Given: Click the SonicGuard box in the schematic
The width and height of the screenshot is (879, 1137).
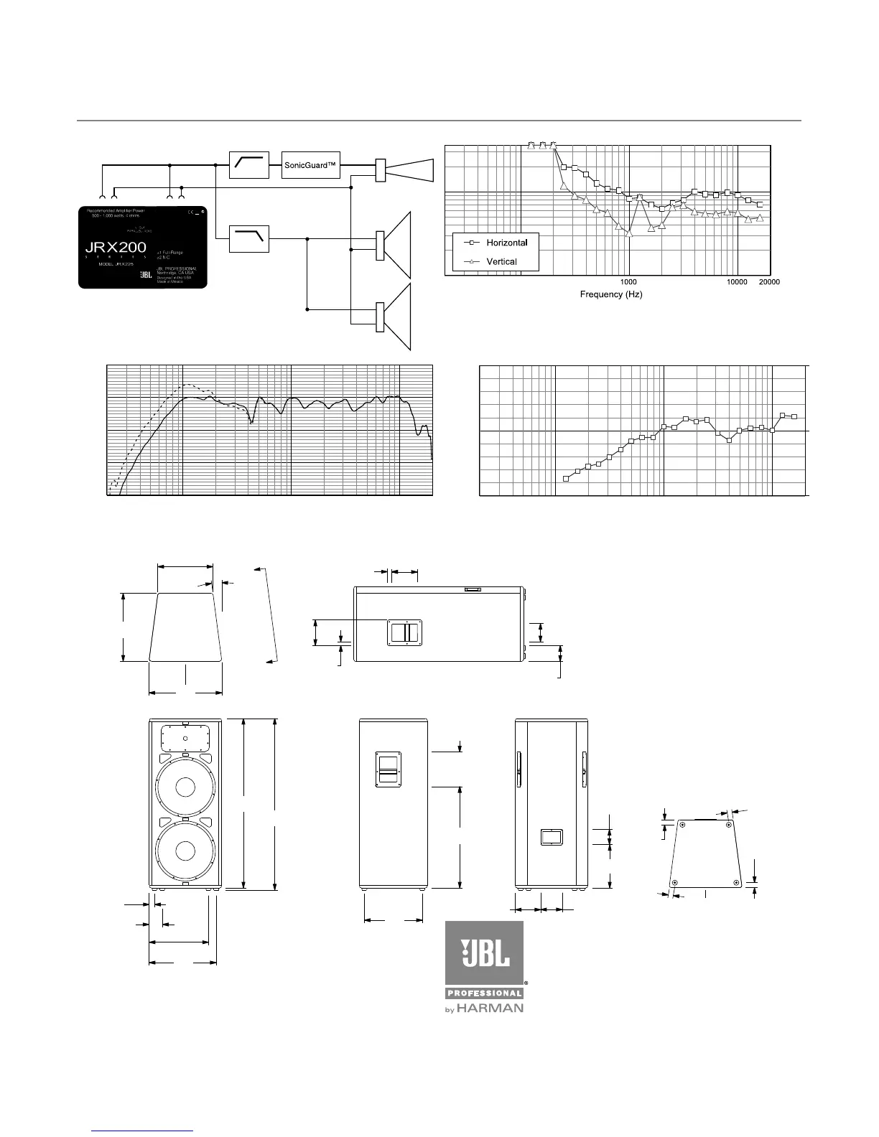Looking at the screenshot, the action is [310, 165].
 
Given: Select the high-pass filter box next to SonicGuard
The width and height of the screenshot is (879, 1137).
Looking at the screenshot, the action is [248, 165].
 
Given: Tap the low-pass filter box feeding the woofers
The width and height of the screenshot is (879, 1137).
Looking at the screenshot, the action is [248, 238].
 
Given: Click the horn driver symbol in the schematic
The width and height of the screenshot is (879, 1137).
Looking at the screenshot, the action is [406, 170].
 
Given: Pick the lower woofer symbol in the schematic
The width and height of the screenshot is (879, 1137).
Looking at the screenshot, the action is [396, 318].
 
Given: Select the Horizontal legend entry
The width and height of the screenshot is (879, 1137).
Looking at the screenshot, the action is [506, 243].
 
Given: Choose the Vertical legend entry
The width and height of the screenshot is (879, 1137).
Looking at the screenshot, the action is [501, 261].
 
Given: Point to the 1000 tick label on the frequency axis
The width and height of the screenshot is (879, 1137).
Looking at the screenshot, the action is [628, 283].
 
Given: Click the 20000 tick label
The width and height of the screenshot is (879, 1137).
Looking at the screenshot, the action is [769, 283].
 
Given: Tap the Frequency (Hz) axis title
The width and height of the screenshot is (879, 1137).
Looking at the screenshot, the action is [610, 294].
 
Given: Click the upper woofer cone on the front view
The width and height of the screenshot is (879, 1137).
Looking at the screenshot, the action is [183, 787].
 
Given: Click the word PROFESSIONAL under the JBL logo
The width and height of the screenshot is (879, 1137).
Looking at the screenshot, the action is [485, 993].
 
